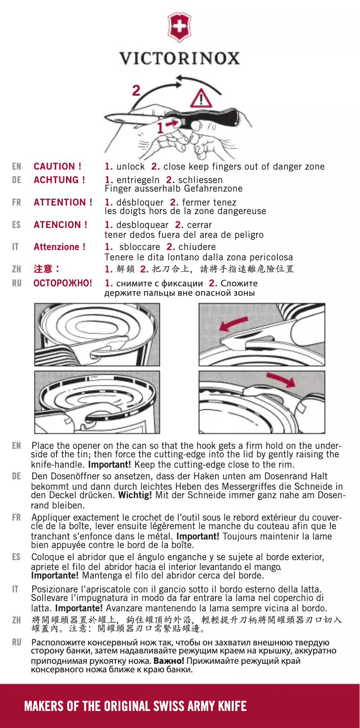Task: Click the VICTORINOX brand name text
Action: tap(180, 58)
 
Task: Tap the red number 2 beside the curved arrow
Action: tap(136, 91)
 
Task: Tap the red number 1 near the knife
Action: tap(160, 128)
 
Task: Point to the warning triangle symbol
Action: tap(203, 98)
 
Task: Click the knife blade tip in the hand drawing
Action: tap(108, 118)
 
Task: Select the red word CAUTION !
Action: tap(57, 167)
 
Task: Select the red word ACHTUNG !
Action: tap(59, 180)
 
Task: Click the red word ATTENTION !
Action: tap(63, 202)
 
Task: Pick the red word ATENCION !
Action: tap(61, 225)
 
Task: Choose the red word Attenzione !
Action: tap(59, 247)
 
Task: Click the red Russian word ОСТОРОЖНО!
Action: tap(63, 283)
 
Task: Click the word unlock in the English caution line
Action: tap(131, 167)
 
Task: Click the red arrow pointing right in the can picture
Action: tap(281, 381)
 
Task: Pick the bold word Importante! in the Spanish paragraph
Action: tap(55, 575)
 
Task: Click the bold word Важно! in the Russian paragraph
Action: tap(169, 661)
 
